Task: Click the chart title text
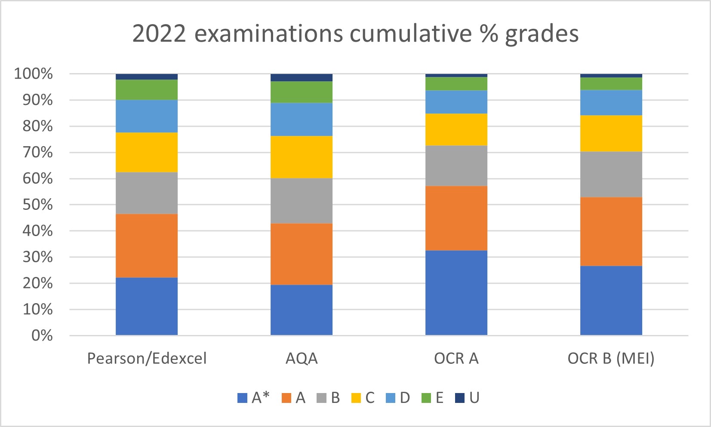355,34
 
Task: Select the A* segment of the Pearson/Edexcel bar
147,306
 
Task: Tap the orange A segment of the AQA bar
302,254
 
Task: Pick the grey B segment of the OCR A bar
456,166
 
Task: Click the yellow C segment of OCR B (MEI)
611,133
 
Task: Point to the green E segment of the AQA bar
302,92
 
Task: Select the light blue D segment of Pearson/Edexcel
147,116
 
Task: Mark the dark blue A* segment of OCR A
456,292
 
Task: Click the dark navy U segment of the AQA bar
302,77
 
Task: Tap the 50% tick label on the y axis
38,205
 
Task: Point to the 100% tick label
34,74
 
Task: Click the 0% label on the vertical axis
42,335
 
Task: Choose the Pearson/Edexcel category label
147,358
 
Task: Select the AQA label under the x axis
302,358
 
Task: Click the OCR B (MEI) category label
611,358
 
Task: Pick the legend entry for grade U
468,398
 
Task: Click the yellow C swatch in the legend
356,398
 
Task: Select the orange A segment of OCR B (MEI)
611,231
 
